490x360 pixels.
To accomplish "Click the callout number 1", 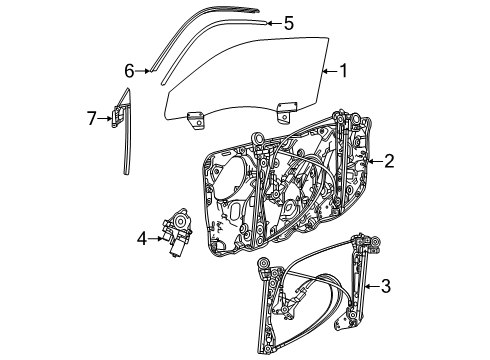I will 343,71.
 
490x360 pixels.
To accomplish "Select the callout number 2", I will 388,160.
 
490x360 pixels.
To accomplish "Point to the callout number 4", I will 142,238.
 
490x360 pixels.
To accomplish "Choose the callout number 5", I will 288,22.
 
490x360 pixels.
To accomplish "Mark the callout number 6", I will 129,70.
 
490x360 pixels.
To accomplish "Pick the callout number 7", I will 91,119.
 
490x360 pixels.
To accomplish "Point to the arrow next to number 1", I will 328,71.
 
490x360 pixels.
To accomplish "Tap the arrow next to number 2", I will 374,160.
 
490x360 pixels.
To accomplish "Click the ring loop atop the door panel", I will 259,139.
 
